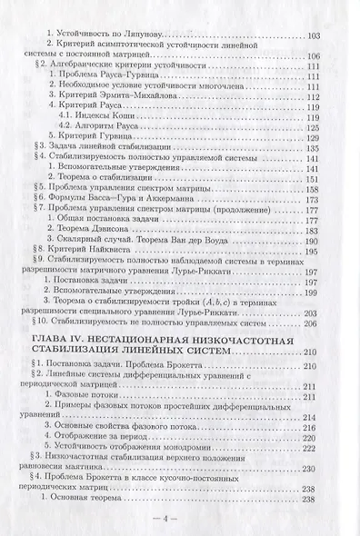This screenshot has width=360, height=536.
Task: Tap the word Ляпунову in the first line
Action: coord(119,35)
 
